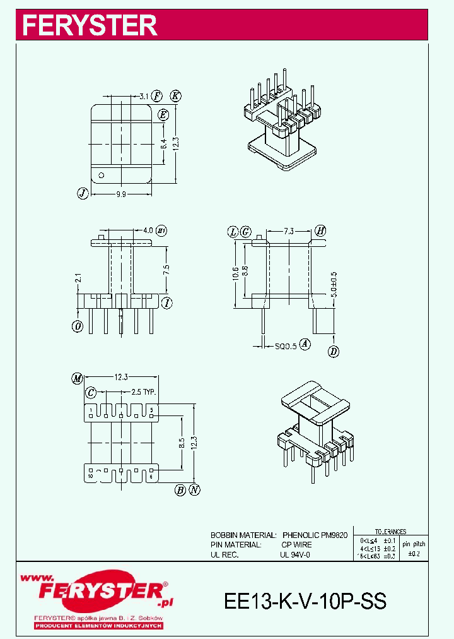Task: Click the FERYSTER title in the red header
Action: pos(90,25)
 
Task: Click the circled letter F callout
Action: pos(158,96)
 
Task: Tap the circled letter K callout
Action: pos(176,96)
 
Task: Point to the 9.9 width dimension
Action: pos(121,194)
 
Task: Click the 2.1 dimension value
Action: pos(78,277)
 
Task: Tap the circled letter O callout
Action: pos(78,326)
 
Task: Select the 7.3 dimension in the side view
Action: pos(288,232)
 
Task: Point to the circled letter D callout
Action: pos(334,351)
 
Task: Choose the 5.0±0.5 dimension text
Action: pos(334,284)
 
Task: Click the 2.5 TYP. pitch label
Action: pos(143,392)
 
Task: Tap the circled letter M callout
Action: pos(78,379)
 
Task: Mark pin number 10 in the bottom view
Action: pos(91,476)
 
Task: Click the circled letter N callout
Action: pos(195,489)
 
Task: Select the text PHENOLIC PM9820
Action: pos(315,535)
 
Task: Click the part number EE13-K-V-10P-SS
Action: pos(305,600)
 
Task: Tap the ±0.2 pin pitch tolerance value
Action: pos(414,554)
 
